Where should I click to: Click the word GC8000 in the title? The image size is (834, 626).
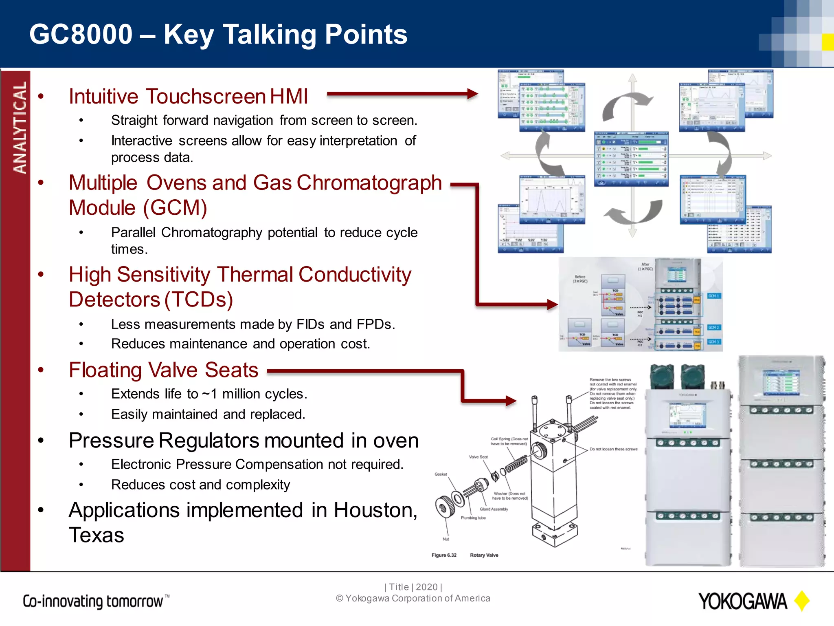81,34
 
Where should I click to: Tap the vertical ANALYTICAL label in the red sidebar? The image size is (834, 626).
20,127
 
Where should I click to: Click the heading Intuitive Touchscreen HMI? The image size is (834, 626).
188,97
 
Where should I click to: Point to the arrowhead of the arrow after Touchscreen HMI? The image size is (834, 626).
472,94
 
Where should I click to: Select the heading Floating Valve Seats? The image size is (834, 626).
163,370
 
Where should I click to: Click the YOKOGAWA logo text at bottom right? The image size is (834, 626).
742,602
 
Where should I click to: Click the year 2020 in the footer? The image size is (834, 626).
426,587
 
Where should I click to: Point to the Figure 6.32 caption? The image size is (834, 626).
444,555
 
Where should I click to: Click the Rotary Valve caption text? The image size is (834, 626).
484,555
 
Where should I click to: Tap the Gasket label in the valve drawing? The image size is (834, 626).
441,474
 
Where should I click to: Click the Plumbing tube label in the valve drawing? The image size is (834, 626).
473,518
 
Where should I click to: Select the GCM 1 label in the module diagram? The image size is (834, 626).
713,296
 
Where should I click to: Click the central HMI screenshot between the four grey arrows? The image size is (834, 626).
631,158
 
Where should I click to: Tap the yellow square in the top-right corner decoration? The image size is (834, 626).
827,42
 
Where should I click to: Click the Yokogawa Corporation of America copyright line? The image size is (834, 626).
413,598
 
